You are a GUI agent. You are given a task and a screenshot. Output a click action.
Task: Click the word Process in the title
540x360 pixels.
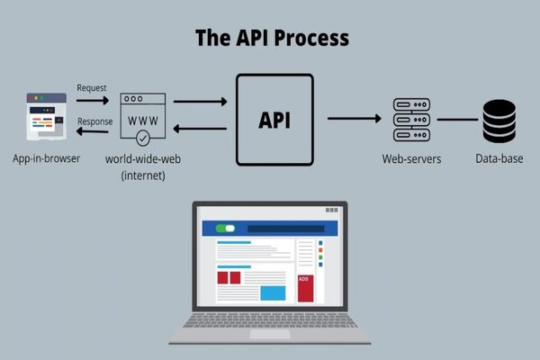click(306, 39)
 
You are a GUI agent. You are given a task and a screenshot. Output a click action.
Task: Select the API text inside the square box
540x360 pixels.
click(274, 121)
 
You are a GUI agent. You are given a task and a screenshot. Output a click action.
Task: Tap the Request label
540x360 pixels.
click(93, 88)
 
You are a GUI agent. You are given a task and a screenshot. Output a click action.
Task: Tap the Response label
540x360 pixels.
click(95, 121)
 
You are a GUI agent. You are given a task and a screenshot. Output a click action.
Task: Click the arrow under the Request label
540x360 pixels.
click(93, 101)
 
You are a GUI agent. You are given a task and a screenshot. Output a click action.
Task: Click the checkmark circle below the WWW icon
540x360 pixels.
click(143, 139)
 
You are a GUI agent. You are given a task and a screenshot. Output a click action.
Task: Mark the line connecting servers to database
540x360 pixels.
click(457, 119)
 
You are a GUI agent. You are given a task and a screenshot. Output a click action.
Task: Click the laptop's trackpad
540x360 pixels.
click(270, 334)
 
